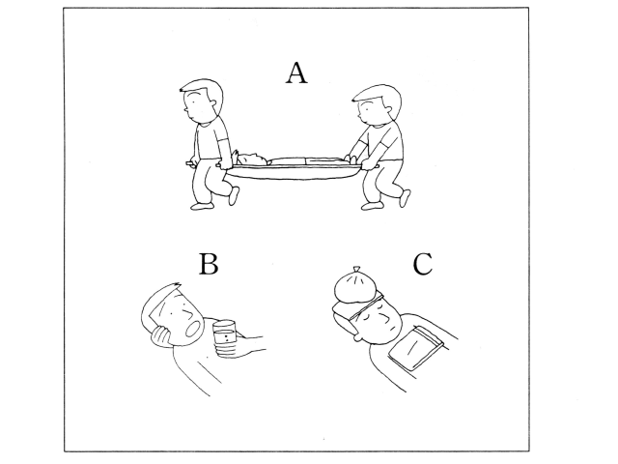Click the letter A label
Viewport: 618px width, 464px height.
[296, 73]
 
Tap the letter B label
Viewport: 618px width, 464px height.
[209, 264]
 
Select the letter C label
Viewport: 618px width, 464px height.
[423, 264]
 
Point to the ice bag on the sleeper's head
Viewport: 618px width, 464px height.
[357, 285]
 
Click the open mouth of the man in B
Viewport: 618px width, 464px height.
[193, 329]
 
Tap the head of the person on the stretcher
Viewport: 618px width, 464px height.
[251, 159]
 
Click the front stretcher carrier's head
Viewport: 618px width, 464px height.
[202, 101]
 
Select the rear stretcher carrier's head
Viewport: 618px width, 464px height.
[377, 104]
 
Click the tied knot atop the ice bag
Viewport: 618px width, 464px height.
[356, 270]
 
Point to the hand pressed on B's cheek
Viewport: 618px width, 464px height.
[161, 335]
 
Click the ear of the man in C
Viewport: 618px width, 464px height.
[358, 337]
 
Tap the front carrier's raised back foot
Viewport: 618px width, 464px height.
[234, 195]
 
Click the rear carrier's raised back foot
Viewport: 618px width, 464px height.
[406, 198]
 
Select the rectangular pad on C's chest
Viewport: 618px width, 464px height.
[418, 348]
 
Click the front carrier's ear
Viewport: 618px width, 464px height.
[213, 103]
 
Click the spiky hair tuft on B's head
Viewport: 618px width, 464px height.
[176, 286]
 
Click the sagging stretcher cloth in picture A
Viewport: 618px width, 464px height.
[294, 173]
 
